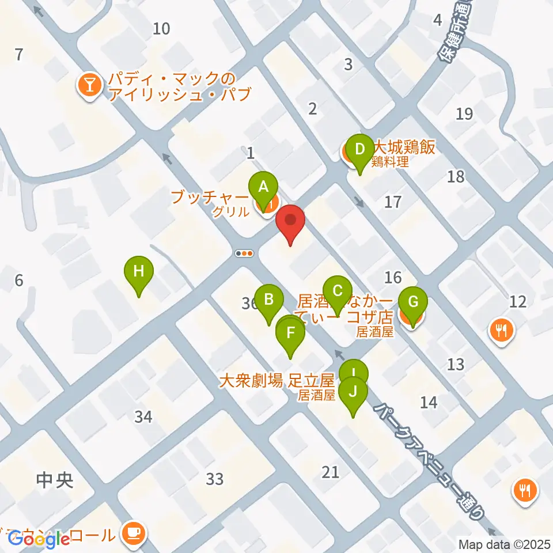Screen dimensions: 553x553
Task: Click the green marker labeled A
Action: click(x=263, y=188)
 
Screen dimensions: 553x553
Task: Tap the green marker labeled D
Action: click(x=360, y=151)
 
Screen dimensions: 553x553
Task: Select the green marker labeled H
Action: click(x=139, y=272)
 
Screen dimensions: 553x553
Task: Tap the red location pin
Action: click(x=290, y=222)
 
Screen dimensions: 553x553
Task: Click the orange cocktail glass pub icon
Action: click(x=90, y=86)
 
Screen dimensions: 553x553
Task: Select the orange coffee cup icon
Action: click(x=134, y=532)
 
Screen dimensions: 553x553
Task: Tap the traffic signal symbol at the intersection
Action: click(x=245, y=253)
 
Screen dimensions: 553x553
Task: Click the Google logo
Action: click(x=39, y=539)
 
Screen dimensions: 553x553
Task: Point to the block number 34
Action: click(x=143, y=416)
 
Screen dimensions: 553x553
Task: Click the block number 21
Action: click(x=331, y=472)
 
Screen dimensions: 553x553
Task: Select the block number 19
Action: click(x=464, y=114)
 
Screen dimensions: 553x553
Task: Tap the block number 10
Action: click(x=162, y=28)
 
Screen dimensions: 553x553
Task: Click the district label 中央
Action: click(x=55, y=480)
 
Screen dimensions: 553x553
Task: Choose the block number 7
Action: click(x=19, y=55)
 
